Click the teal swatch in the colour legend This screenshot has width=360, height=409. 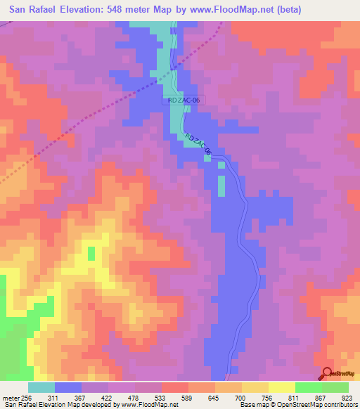[x=41, y=387]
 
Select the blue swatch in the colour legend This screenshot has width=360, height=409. [x=68, y=387]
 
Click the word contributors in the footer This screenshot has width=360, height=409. [x=340, y=405]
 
